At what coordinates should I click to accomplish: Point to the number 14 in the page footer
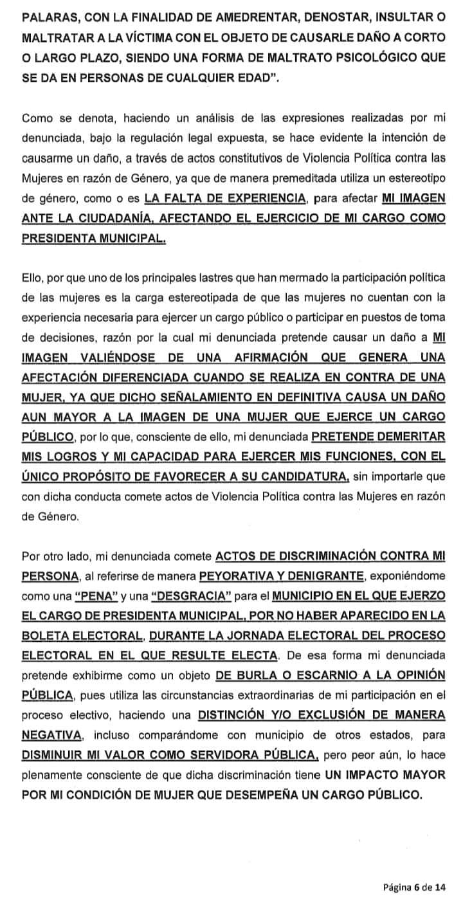(x=440, y=887)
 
